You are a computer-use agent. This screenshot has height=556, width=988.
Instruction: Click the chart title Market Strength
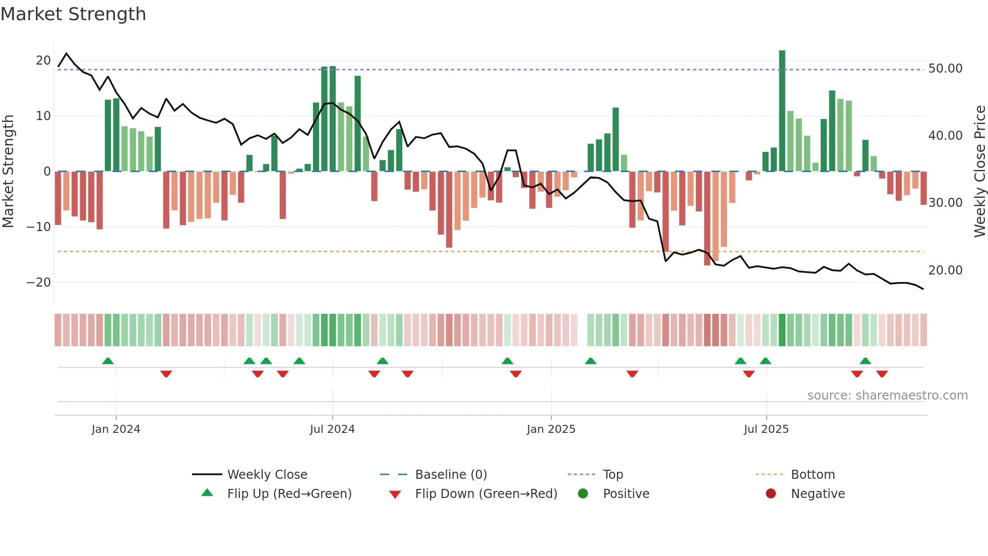tap(73, 14)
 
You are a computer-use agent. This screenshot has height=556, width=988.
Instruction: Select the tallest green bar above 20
tap(782, 111)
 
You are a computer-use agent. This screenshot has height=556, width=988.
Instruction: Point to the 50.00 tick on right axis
tap(945, 69)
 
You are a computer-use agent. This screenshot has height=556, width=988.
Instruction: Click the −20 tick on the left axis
tap(39, 283)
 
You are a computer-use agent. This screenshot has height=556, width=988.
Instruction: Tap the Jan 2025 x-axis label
tap(551, 429)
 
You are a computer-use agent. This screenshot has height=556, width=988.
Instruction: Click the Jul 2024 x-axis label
tap(332, 429)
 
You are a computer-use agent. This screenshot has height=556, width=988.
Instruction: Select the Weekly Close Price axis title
tap(979, 172)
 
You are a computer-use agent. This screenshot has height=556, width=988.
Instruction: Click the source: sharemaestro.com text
tap(887, 396)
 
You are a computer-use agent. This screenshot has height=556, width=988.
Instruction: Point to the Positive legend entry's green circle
tap(583, 494)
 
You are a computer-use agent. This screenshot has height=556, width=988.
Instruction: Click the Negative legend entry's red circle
tap(771, 494)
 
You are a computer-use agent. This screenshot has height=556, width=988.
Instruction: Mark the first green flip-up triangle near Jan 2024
tap(108, 361)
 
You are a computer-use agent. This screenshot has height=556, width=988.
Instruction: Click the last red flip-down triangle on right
tap(882, 374)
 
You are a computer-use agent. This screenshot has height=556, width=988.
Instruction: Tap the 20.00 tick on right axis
tap(945, 270)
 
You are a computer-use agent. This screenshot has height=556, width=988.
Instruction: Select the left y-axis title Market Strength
tap(9, 172)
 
